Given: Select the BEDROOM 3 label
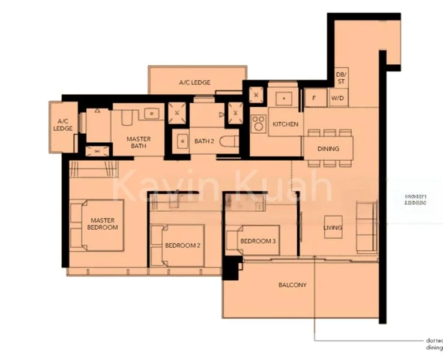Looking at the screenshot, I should [x=258, y=241].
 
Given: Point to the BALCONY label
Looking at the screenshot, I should [x=292, y=285].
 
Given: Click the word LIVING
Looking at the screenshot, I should [x=333, y=228].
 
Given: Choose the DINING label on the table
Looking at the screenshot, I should [x=328, y=149].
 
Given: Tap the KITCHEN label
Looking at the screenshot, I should [x=285, y=124].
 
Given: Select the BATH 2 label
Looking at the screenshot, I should [x=204, y=142].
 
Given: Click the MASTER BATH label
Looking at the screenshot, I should [x=138, y=142].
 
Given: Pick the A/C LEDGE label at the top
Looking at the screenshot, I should [x=194, y=82].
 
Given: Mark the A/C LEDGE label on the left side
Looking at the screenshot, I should [x=62, y=125].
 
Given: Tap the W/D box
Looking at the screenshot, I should [x=338, y=98].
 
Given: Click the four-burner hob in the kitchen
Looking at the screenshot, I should [x=259, y=124].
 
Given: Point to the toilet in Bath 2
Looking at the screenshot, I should [x=228, y=142].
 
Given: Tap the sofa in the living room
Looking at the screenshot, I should [x=366, y=227].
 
